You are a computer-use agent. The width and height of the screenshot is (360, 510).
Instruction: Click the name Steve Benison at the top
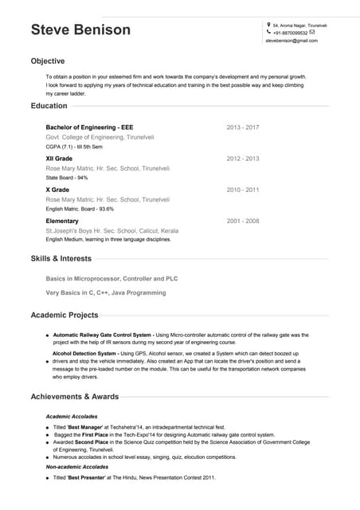point(80,30)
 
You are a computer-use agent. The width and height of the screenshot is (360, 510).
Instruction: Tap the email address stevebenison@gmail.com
point(291,40)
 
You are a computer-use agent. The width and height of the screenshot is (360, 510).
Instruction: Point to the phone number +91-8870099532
point(290,33)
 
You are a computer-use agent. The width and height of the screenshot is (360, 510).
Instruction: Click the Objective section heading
point(48,61)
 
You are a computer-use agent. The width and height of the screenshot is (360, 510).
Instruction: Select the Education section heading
point(49,105)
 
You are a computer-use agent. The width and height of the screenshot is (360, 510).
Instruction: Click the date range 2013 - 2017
point(243,127)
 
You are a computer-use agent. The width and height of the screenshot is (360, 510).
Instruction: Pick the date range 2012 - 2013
point(243,159)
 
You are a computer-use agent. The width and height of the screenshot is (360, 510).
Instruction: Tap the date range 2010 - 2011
point(243,190)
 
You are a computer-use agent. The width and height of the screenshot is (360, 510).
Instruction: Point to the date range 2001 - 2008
point(243,220)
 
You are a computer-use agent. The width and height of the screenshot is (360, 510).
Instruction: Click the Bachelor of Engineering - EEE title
point(89,127)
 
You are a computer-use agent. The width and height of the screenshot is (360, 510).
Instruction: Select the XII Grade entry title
point(59,159)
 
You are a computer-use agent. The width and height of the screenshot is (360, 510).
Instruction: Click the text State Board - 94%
point(67,178)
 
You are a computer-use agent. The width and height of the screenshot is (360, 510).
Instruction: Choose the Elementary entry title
point(62,221)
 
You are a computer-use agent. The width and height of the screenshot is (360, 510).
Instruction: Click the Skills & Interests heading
point(61,258)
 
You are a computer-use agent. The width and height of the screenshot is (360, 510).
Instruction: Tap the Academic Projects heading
point(65,315)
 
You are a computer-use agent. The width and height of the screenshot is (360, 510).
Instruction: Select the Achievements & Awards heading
point(74,396)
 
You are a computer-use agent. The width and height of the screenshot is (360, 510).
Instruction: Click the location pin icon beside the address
point(268,25)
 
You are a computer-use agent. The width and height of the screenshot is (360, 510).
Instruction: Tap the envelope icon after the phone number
point(312,33)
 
